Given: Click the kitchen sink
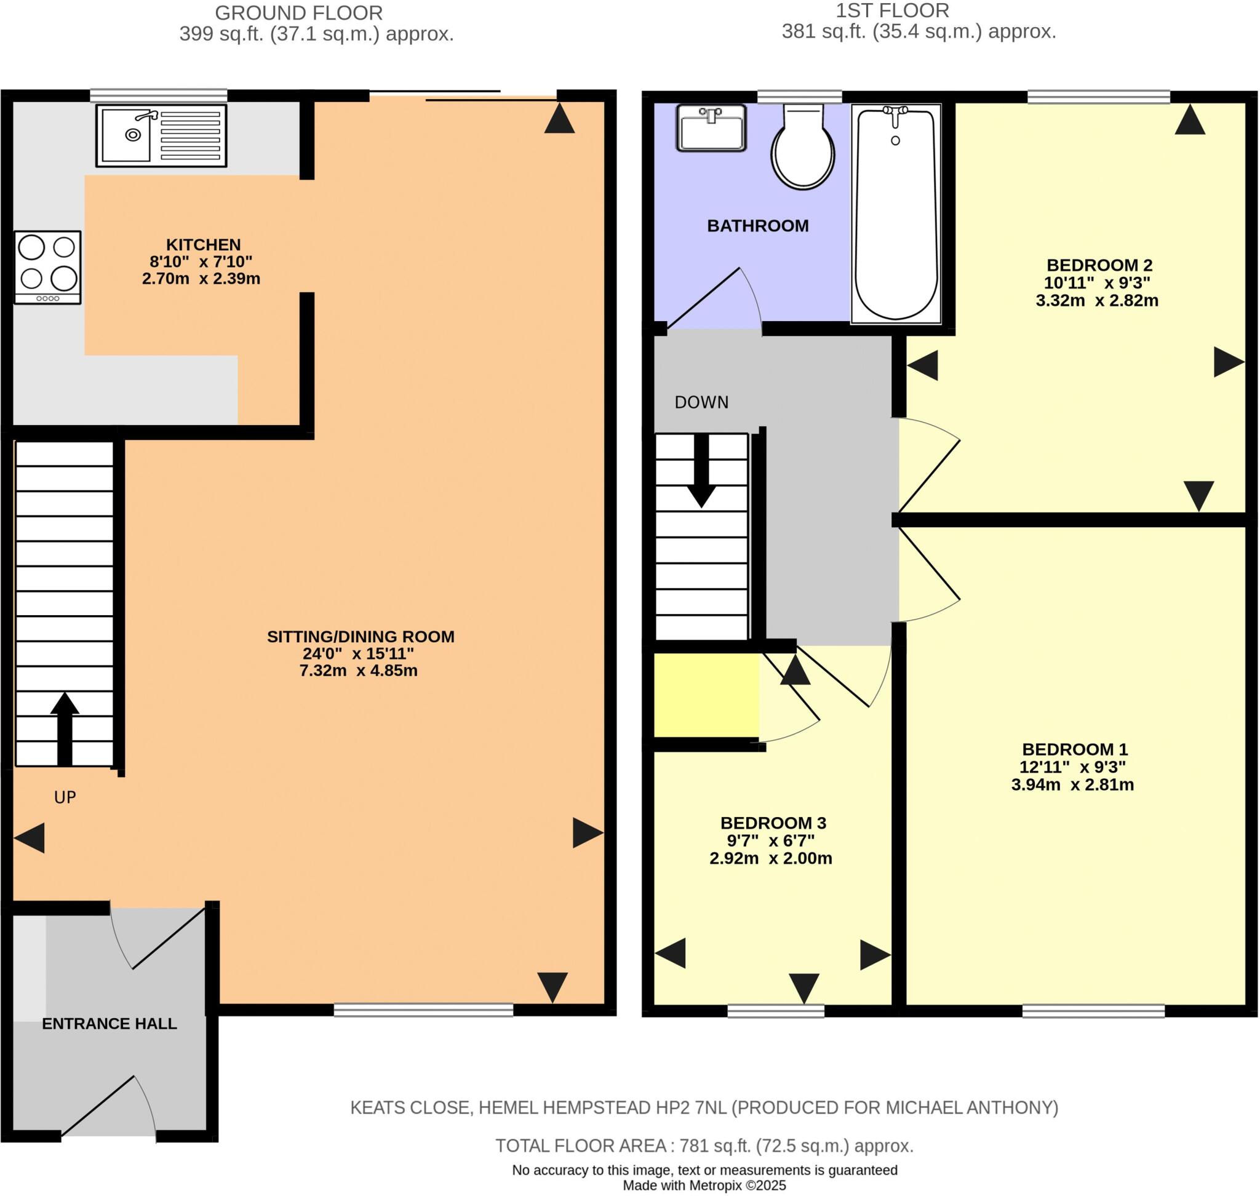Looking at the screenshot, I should click(161, 135).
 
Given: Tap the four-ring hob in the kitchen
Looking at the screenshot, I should click(48, 267).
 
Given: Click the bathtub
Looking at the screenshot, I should click(896, 213).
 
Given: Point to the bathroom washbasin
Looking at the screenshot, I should click(711, 128).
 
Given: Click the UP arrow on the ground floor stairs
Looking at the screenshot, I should click(65, 728).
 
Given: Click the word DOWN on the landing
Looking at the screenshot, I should click(701, 402).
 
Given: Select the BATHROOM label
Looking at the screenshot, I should click(757, 226).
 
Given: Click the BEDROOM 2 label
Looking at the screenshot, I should click(1099, 265).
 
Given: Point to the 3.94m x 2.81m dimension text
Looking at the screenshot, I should click(1072, 785).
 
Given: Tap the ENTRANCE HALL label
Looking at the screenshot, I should click(109, 1023).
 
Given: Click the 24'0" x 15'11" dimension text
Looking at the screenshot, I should click(358, 653).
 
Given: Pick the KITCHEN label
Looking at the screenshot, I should click(204, 245).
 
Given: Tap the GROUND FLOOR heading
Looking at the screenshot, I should click(298, 13).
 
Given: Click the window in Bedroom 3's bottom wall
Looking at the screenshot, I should click(775, 1010).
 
